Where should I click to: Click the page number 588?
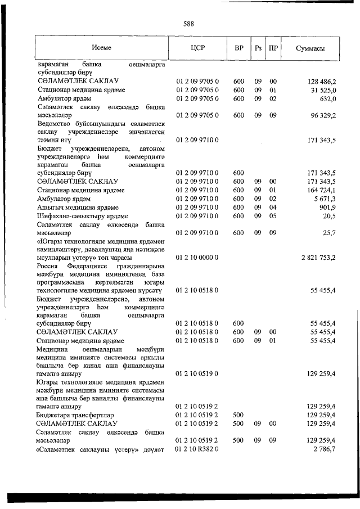point(188,24)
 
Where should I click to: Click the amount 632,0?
point(328,100)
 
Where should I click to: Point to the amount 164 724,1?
point(319,190)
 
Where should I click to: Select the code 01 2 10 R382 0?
point(197,451)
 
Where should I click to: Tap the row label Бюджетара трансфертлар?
point(76,415)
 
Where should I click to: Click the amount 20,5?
point(330,217)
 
